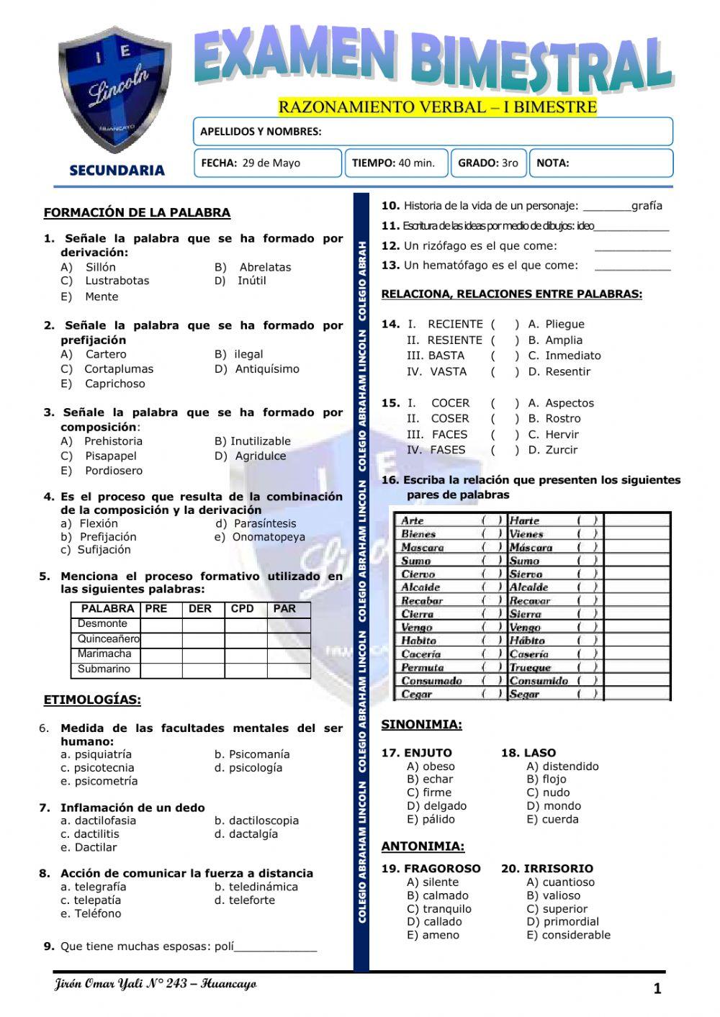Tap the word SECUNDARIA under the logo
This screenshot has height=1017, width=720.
117,171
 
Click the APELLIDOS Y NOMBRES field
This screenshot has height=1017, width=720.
432,132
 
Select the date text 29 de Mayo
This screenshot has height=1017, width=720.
271,163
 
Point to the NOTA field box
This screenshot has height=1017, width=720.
601,163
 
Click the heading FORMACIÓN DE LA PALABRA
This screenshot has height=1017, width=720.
137,213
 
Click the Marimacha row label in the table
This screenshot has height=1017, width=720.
104,654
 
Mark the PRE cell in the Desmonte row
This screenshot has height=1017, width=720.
161,624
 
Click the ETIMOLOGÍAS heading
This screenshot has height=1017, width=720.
92,700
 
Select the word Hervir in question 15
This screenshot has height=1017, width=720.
562,435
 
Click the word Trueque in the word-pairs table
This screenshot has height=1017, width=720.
530,668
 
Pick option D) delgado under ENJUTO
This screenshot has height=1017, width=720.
437,806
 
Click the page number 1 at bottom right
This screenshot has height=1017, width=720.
657,990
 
